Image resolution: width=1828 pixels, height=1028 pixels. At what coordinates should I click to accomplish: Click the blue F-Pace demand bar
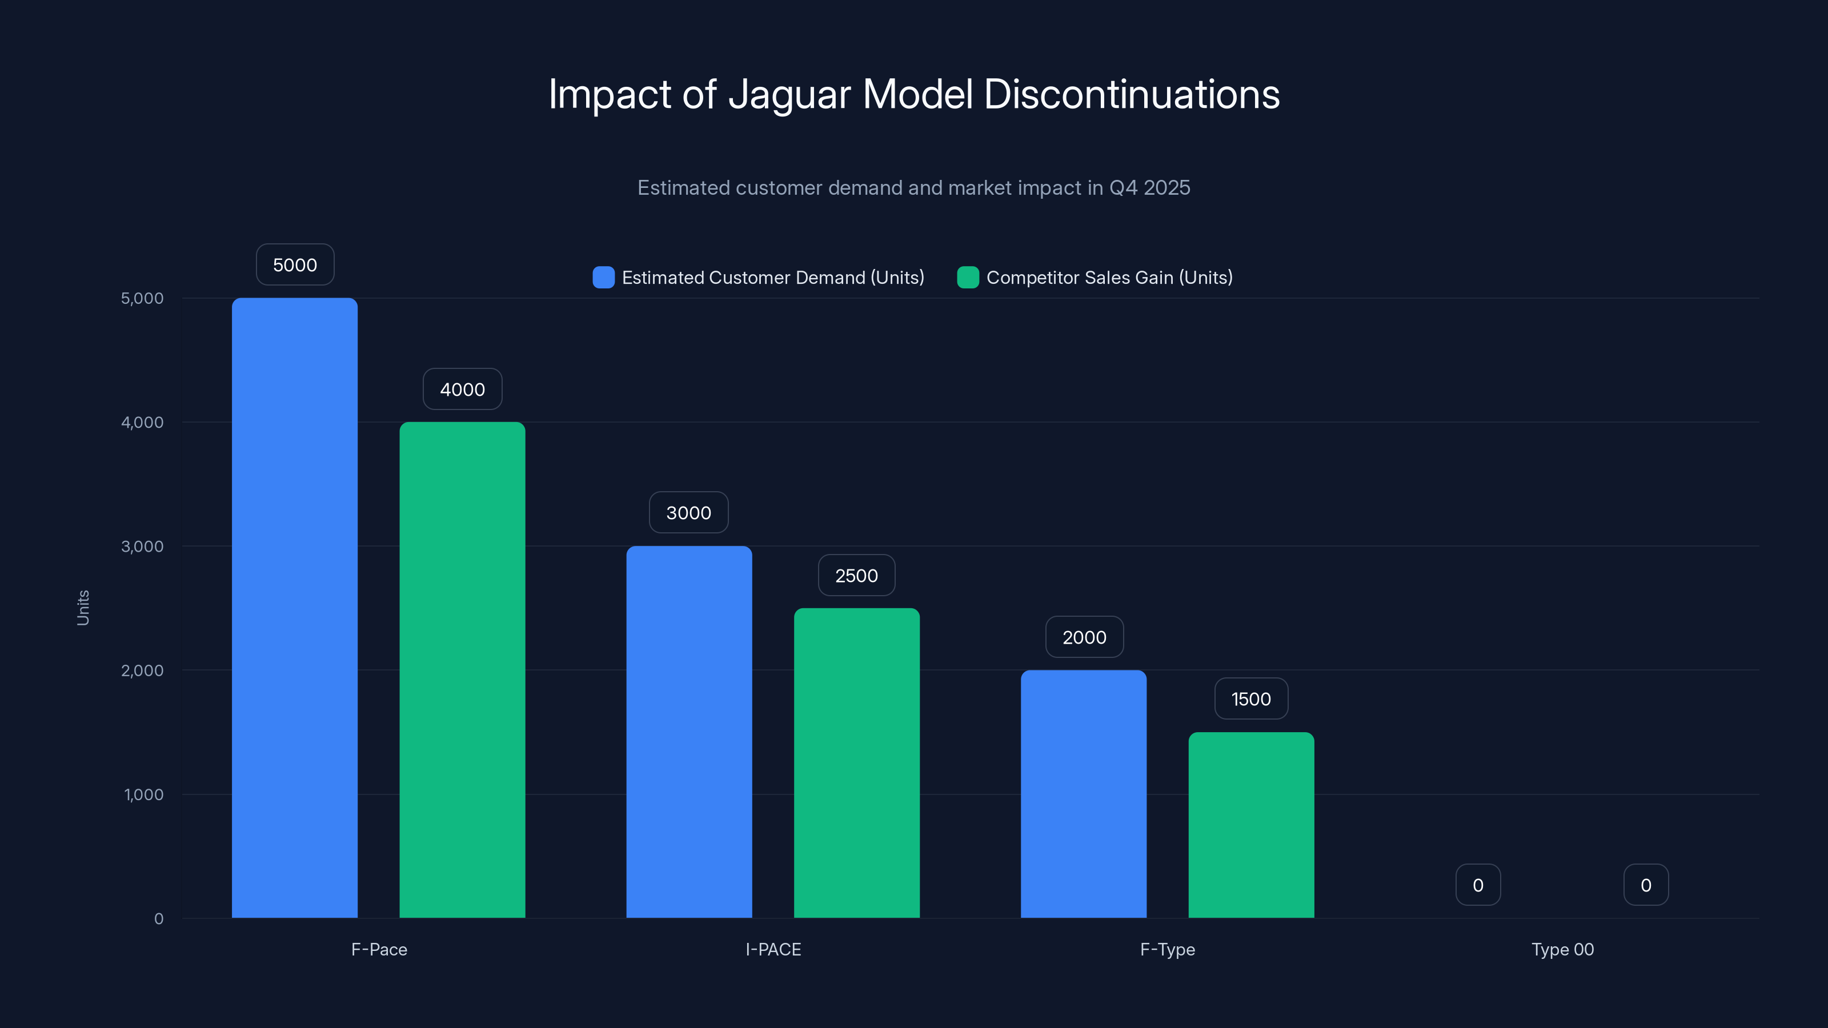point(295,608)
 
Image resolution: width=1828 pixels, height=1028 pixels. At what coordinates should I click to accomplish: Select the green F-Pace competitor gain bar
point(462,670)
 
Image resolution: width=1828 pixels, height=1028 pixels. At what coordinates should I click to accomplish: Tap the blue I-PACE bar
point(688,732)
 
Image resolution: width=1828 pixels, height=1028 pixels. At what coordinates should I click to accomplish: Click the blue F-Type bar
point(1083,794)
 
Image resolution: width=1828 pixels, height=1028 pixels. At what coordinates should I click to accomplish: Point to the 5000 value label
point(295,264)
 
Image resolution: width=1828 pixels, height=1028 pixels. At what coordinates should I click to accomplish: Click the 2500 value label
point(856,575)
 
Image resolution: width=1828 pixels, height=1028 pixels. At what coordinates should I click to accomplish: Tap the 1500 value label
point(1250,699)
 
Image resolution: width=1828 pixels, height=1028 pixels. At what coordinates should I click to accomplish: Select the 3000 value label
point(688,512)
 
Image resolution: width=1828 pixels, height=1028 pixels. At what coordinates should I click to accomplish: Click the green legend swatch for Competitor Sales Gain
point(967,278)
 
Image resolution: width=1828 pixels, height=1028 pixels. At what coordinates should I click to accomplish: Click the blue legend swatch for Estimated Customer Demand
point(603,278)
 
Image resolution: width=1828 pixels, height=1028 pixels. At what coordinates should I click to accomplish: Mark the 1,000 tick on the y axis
point(143,794)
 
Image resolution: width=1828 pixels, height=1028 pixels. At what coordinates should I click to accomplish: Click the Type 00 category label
point(1562,949)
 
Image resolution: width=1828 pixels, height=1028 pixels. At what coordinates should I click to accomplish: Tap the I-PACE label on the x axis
point(773,949)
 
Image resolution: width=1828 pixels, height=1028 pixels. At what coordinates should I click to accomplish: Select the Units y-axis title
point(83,608)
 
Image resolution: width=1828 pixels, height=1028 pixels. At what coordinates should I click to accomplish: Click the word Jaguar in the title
point(789,95)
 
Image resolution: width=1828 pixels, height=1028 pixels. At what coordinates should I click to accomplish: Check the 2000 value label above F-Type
point(1084,637)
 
